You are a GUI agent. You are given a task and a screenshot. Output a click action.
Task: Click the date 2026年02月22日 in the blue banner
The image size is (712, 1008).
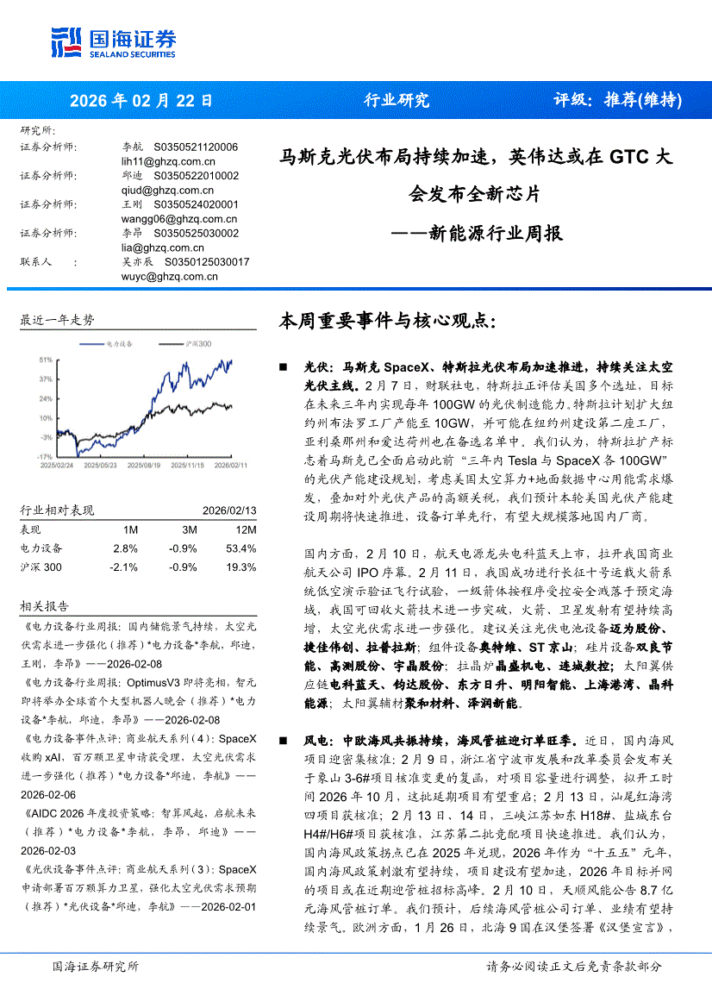[x=141, y=100]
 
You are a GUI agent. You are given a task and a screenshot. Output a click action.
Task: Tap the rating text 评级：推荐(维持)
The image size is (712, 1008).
[x=617, y=100]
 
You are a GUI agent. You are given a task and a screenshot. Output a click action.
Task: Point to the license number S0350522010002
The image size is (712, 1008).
[x=196, y=176]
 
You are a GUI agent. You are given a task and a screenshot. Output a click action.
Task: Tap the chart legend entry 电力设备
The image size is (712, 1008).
[x=118, y=343]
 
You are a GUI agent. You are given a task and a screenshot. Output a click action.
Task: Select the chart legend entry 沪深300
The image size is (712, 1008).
[x=197, y=343]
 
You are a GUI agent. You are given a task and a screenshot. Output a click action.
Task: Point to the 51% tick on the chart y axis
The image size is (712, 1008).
[x=45, y=359]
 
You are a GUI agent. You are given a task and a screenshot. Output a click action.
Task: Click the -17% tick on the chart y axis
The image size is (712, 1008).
[x=45, y=455]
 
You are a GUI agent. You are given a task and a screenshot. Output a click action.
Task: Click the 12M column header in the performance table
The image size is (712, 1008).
[x=245, y=529]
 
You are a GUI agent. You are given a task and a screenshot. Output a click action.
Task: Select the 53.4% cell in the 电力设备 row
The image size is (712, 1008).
[x=242, y=548]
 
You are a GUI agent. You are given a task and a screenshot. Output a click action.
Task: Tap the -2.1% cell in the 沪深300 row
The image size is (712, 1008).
[x=123, y=567]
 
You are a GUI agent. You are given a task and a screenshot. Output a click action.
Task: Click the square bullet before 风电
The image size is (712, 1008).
[x=284, y=740]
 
